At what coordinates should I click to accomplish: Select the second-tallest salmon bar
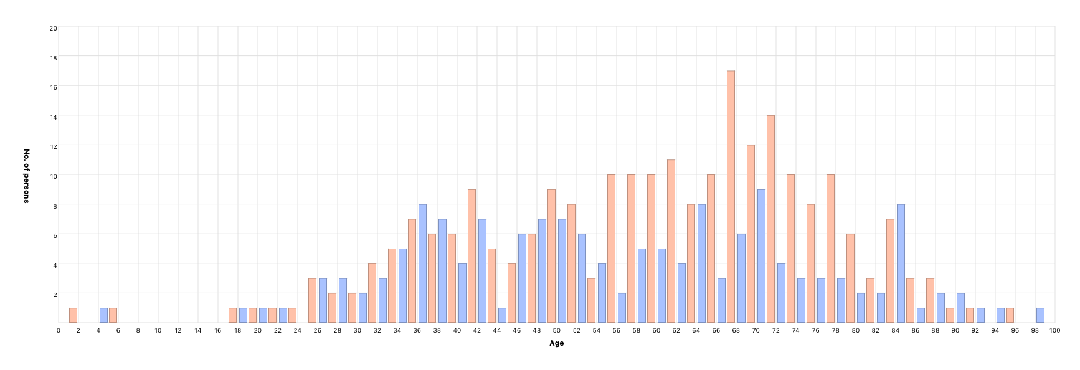point(771,219)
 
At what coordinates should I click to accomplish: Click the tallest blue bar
point(761,255)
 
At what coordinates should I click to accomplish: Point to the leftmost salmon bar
point(73,315)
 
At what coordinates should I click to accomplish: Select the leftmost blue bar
point(103,315)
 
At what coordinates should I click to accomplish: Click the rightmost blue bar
point(1040,315)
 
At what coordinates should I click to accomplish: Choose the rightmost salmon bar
point(1010,315)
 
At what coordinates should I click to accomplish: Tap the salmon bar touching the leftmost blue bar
point(113,315)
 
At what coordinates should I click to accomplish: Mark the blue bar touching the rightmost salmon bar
point(1000,315)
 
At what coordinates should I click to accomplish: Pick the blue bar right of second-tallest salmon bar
point(781,293)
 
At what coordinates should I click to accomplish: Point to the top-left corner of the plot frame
point(59,26)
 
